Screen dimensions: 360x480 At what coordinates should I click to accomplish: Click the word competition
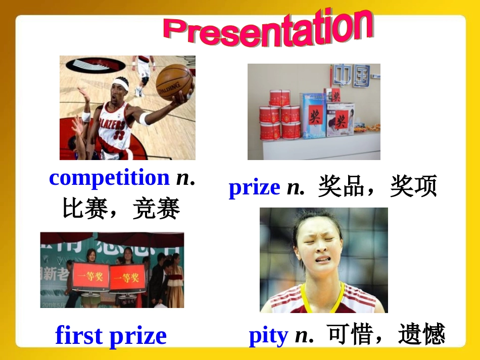(109, 178)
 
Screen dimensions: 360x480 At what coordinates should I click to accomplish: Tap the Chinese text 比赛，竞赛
(121, 209)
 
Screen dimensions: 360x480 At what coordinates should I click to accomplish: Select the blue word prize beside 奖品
(254, 188)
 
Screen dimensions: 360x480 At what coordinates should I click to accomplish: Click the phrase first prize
(111, 336)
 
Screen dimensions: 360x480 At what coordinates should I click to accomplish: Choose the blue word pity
(268, 335)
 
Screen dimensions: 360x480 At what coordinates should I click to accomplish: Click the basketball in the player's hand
(173, 81)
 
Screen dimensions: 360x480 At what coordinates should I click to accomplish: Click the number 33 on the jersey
(118, 135)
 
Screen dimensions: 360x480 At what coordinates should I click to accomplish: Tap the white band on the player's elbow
(145, 119)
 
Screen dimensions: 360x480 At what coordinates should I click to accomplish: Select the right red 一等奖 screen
(127, 277)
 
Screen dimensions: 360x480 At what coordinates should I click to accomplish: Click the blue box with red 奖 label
(313, 116)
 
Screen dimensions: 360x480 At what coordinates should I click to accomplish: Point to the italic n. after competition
(185, 178)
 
